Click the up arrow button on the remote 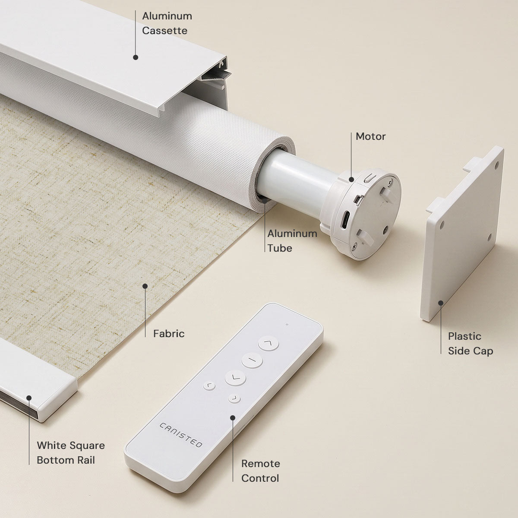[x=268, y=343]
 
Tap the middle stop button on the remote [x=252, y=360]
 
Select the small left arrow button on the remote [x=209, y=386]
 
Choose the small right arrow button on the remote [x=234, y=398]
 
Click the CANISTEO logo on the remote [x=180, y=435]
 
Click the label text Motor [x=370, y=136]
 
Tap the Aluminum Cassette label [x=167, y=23]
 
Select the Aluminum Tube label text [x=292, y=240]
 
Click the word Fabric [x=169, y=334]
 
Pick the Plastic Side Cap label [x=471, y=344]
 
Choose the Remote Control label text [x=260, y=471]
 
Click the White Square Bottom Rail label [x=71, y=453]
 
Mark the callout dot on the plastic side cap [x=441, y=303]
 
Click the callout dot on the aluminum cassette [x=136, y=57]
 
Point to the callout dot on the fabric [x=145, y=286]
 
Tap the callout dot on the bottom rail [x=29, y=398]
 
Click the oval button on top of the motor [x=370, y=178]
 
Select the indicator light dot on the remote [x=287, y=325]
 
